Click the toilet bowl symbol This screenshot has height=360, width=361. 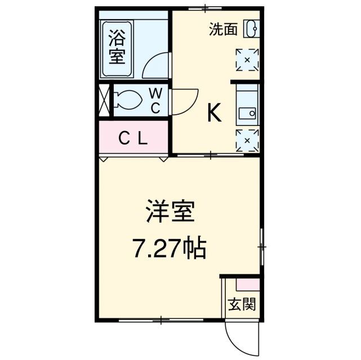(x=129, y=100)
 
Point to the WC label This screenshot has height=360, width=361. (x=155, y=100)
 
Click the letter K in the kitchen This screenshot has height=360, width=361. (x=213, y=114)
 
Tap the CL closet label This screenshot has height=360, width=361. (x=133, y=138)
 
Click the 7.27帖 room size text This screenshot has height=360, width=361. (x=169, y=246)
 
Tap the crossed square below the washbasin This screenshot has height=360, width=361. (x=247, y=59)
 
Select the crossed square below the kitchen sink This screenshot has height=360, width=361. (x=247, y=140)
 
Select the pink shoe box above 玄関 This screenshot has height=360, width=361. (x=247, y=285)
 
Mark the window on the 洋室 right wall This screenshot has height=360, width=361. (x=261, y=246)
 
